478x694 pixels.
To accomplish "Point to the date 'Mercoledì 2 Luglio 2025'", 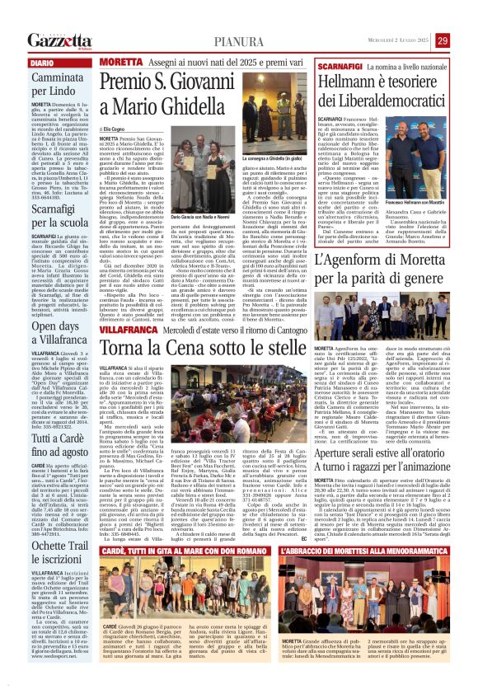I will click(401, 40).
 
